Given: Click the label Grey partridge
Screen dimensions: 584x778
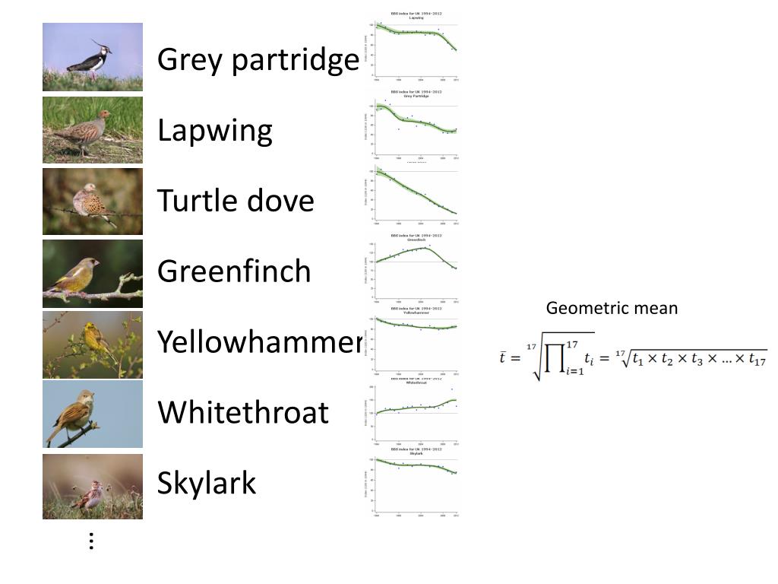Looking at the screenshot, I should (x=258, y=59).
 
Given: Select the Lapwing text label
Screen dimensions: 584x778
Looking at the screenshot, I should (x=214, y=131).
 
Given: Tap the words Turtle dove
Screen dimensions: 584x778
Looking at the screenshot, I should (x=236, y=201).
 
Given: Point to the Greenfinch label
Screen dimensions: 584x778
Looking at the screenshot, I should (x=234, y=271).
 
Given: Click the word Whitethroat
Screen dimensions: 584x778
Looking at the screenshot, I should (x=243, y=412).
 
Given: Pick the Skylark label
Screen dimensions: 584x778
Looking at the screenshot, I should (x=207, y=483).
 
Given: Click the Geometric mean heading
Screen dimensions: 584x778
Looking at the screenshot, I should (x=612, y=308).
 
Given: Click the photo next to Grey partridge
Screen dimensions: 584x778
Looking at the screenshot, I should (x=93, y=57).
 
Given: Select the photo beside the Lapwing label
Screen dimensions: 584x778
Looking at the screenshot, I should (x=93, y=129).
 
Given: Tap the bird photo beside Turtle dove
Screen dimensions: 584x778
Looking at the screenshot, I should (x=93, y=202).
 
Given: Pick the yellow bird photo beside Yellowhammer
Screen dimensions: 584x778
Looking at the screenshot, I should (x=93, y=344).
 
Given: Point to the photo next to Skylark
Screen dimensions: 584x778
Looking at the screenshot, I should (x=93, y=487).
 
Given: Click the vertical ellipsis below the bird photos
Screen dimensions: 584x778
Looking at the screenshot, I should (x=91, y=541).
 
